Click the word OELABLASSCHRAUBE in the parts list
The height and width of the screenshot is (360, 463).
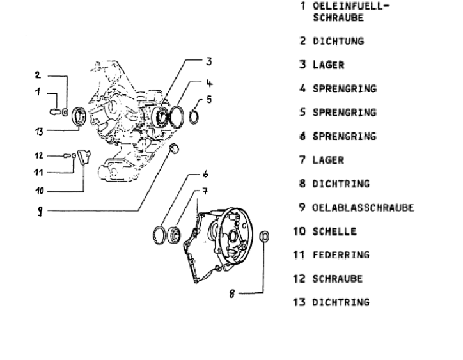tap(363, 208)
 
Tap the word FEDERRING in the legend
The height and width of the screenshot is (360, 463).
tap(341, 255)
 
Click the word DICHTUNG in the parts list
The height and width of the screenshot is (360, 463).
tap(338, 41)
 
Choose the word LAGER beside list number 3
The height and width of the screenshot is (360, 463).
tap(328, 65)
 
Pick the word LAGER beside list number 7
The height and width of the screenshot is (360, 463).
tap(328, 160)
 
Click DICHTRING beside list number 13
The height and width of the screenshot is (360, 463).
tap(341, 302)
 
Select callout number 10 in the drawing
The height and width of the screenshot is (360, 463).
tap(40, 190)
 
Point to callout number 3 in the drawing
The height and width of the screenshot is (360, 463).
tap(208, 62)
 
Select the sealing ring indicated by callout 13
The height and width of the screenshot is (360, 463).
tap(81, 117)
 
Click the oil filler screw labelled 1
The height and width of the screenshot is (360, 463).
tap(55, 113)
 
